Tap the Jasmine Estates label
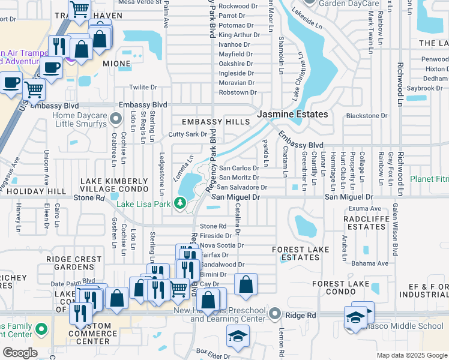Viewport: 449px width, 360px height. point(292,114)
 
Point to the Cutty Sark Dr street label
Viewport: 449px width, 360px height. point(187,134)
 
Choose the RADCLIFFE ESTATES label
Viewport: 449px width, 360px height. point(368,223)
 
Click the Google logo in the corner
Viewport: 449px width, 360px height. point(20,353)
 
